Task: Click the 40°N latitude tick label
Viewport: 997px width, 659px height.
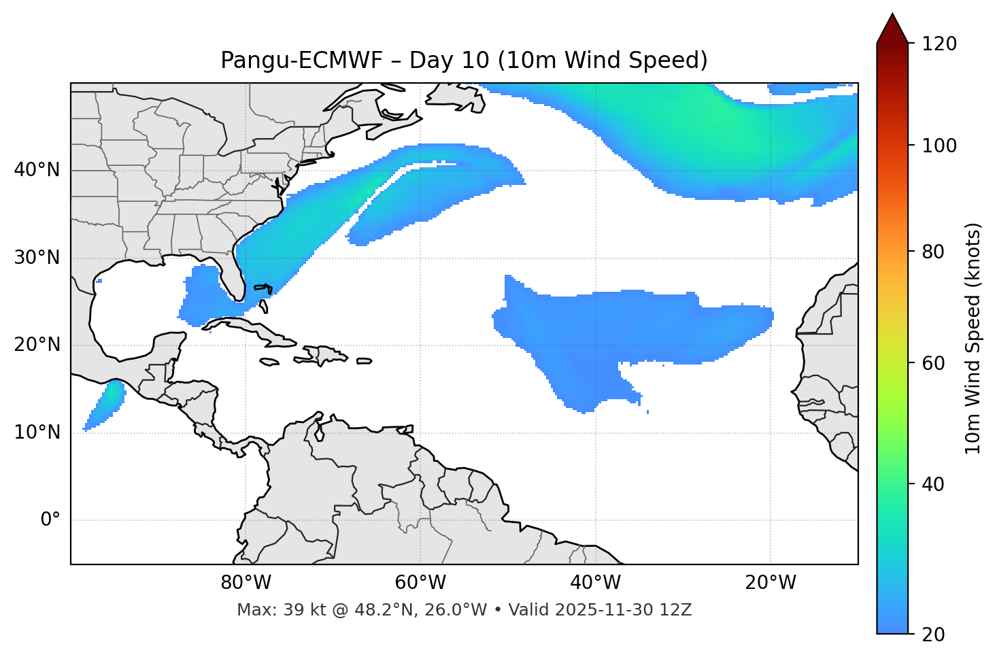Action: pyautogui.click(x=37, y=170)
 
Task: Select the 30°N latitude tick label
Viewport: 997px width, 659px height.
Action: pyautogui.click(x=37, y=258)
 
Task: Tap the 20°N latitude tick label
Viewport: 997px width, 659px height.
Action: pyautogui.click(x=37, y=345)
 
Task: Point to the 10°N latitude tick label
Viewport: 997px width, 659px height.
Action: pyautogui.click(x=37, y=433)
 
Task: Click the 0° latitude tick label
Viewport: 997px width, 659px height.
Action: pyautogui.click(x=50, y=520)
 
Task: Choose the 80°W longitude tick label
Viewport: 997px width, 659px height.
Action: pyautogui.click(x=246, y=583)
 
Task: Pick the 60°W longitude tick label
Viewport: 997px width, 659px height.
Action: pyautogui.click(x=420, y=583)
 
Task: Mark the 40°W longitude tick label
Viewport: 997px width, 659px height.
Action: pyautogui.click(x=595, y=583)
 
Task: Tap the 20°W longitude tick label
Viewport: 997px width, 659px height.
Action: pyautogui.click(x=770, y=583)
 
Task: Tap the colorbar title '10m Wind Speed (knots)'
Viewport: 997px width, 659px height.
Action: pyautogui.click(x=973, y=338)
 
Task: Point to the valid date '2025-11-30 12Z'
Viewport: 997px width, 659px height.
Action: pyautogui.click(x=623, y=610)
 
